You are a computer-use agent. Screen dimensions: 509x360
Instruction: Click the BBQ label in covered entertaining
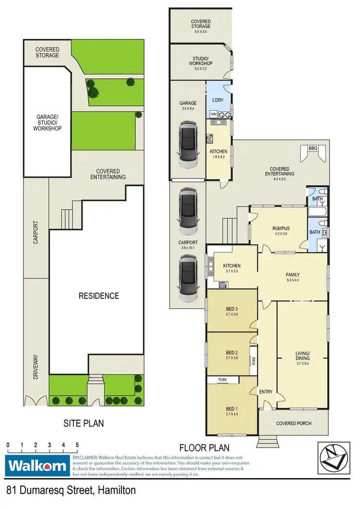[313, 148]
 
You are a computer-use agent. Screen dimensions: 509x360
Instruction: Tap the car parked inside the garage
[188, 144]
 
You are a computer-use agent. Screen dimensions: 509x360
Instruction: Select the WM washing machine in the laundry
[214, 114]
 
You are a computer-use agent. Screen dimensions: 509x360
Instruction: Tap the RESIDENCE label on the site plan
[98, 296]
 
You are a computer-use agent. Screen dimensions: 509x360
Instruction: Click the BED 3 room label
[232, 308]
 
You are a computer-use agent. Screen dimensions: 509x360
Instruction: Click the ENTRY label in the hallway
[266, 391]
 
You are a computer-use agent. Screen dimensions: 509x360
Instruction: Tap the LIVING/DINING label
[303, 355]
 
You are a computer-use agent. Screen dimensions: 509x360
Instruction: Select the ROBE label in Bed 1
[223, 379]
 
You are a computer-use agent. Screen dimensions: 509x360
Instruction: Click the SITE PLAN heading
[84, 423]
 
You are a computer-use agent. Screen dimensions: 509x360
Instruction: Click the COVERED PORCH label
[294, 423]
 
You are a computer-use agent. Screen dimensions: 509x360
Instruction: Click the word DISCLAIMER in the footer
[85, 458]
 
